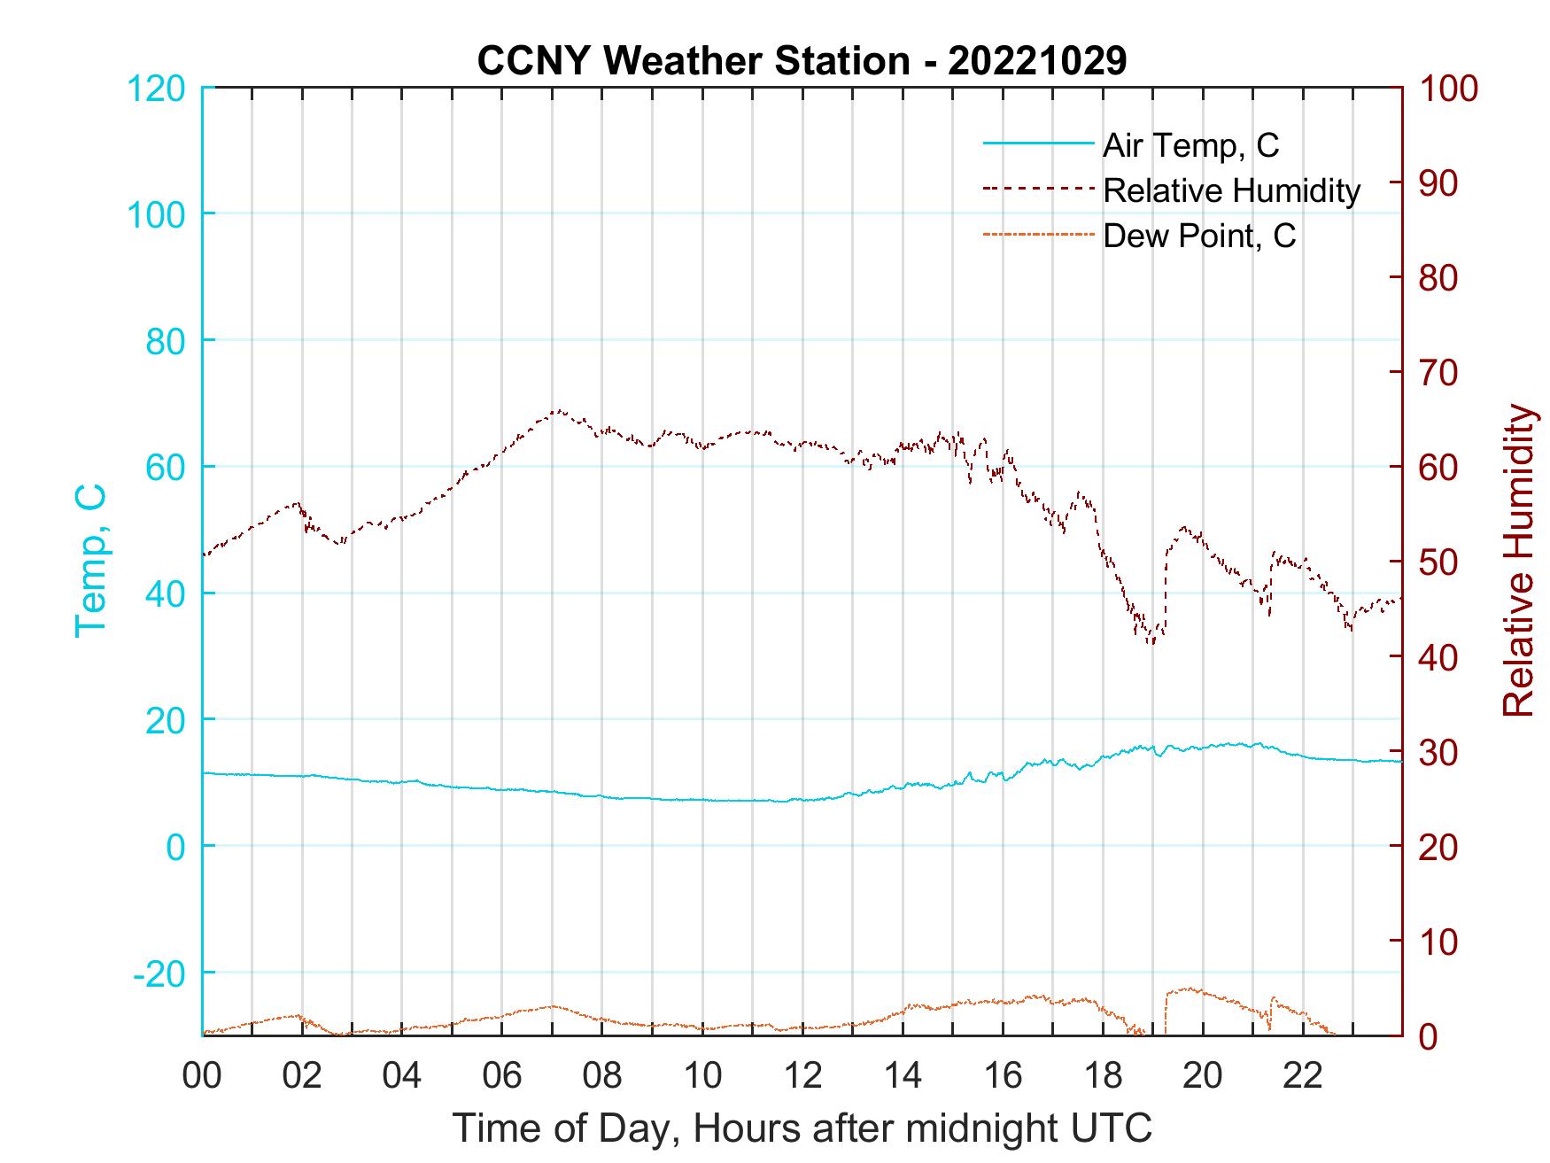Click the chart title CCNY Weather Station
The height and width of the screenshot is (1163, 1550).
[802, 61]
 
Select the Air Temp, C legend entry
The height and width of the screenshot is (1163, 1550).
[1190, 144]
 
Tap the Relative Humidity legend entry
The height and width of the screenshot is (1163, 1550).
[1231, 190]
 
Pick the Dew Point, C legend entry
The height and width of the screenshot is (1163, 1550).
[1199, 236]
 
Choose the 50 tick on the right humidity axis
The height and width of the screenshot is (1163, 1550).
[1440, 562]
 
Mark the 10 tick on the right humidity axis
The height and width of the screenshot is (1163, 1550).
[1440, 942]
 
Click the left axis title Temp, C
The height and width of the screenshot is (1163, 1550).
[91, 560]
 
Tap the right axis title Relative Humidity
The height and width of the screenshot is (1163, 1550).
[1518, 560]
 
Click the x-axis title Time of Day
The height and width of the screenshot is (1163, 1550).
[802, 1128]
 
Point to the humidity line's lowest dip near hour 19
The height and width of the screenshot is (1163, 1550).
[1151, 642]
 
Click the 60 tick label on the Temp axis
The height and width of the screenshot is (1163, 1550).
[165, 467]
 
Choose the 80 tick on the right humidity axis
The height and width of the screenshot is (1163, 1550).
[1440, 278]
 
